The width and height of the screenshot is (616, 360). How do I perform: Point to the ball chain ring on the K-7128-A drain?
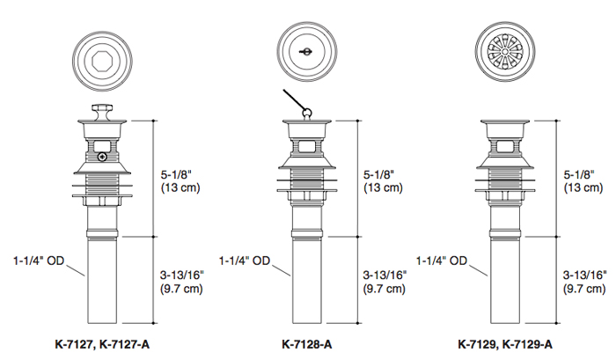click(305, 112)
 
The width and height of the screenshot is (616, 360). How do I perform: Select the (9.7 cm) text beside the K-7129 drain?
click(584, 289)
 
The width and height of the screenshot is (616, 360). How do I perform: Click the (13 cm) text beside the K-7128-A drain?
click(380, 187)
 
